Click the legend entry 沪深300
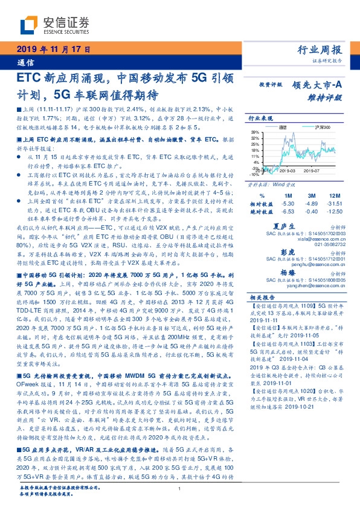(x=322, y=128)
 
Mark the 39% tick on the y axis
(x=257, y=131)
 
